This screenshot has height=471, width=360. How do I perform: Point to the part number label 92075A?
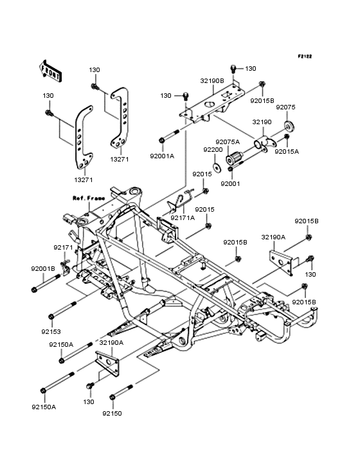(x=228, y=142)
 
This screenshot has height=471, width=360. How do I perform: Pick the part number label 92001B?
(x=42, y=268)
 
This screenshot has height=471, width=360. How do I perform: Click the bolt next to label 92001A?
(x=169, y=137)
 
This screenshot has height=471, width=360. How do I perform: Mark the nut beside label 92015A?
(x=287, y=136)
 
